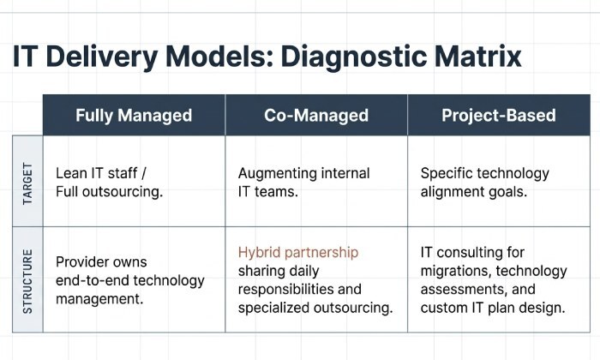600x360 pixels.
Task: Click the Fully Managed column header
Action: click(x=134, y=115)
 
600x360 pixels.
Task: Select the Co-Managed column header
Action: click(x=315, y=115)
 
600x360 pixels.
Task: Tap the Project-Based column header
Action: click(x=498, y=115)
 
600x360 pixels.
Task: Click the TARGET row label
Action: click(x=27, y=181)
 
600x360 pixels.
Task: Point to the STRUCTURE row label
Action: click(x=27, y=280)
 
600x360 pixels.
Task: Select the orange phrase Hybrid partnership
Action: click(x=298, y=252)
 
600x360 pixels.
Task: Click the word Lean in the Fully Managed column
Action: click(x=71, y=172)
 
